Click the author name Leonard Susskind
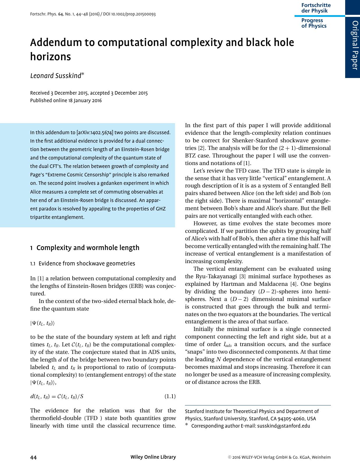56,76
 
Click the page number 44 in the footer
33,457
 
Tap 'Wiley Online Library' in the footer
153,457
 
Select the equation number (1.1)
170,396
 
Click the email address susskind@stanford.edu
284,426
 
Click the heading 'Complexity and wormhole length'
88,248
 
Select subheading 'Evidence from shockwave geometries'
87,264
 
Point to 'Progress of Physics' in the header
314,23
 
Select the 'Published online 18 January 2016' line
66,101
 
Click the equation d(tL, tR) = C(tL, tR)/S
57,396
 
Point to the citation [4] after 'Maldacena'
293,284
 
